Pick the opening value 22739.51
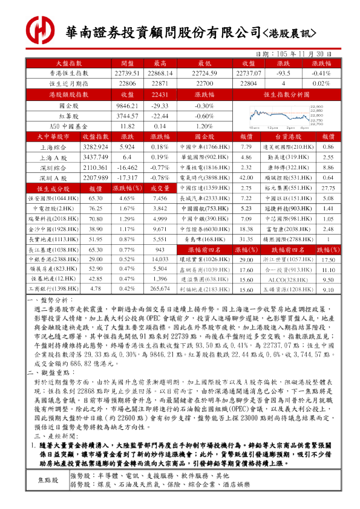click(126, 73)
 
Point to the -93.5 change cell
click(283, 73)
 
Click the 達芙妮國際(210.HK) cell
click(287, 147)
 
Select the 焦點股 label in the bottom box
click(48, 481)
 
